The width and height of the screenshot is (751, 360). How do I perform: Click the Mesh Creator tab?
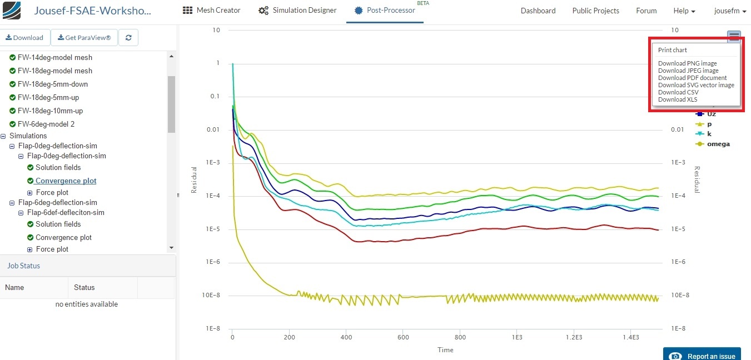pyautogui.click(x=212, y=11)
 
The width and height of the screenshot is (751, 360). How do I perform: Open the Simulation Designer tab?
pyautogui.click(x=297, y=11)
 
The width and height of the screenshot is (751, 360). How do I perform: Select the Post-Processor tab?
pyautogui.click(x=385, y=11)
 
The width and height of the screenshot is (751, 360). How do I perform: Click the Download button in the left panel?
pyautogui.click(x=24, y=38)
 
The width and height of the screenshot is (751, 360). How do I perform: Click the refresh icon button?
pyautogui.click(x=128, y=38)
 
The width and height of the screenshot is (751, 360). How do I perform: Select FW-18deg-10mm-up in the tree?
pyautogui.click(x=50, y=111)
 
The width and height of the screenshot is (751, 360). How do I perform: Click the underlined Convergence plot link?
pyautogui.click(x=66, y=181)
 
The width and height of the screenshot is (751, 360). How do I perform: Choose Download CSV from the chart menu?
pyautogui.click(x=678, y=92)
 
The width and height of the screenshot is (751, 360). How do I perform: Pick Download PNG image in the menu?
pyautogui.click(x=687, y=63)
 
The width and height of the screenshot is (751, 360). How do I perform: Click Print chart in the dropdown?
pyautogui.click(x=673, y=50)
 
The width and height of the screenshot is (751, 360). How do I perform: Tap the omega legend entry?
pyautogui.click(x=718, y=144)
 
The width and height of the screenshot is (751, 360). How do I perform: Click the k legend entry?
pyautogui.click(x=709, y=134)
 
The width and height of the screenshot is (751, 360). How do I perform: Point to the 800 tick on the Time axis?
pyautogui.click(x=460, y=338)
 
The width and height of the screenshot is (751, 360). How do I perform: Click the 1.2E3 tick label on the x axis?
pyautogui.click(x=574, y=338)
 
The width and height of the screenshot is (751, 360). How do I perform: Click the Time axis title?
pyautogui.click(x=445, y=350)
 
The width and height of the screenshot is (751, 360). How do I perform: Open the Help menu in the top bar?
pyautogui.click(x=684, y=11)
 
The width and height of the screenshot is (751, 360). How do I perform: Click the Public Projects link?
pyautogui.click(x=595, y=11)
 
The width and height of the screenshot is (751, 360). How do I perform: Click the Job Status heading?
pyautogui.click(x=23, y=266)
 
